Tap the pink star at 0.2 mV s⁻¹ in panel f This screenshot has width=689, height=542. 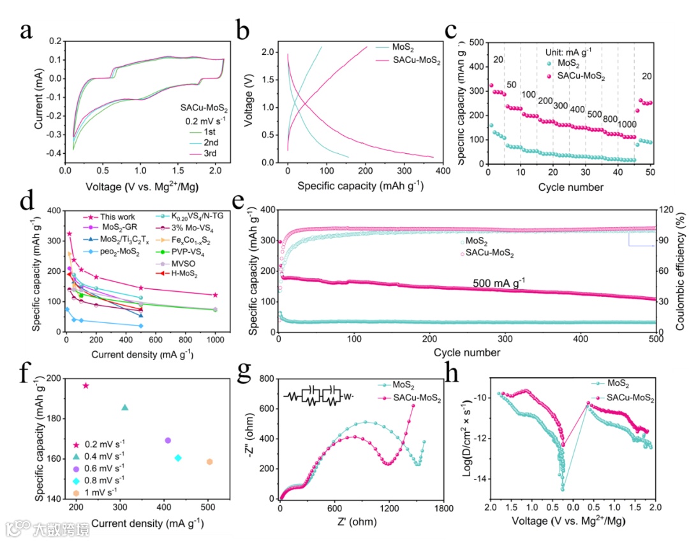click(x=86, y=386)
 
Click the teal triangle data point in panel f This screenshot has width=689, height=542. click(x=125, y=408)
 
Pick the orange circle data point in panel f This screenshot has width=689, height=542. click(x=209, y=462)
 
